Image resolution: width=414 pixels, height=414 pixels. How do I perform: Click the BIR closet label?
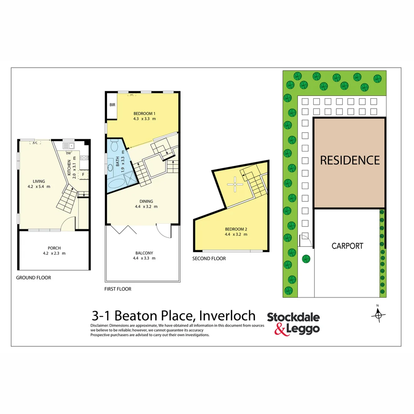point(112,105)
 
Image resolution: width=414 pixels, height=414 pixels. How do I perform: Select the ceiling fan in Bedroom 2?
point(235,184)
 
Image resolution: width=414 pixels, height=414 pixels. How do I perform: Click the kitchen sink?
point(69,146)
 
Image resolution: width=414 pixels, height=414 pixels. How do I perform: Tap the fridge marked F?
point(82,175)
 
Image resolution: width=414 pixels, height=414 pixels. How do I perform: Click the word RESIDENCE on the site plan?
point(350,160)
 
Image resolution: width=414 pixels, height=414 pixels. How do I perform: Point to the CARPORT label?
point(347,246)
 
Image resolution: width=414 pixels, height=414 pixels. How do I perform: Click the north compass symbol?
point(378,314)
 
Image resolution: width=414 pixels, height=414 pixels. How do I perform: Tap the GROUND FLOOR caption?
point(33,278)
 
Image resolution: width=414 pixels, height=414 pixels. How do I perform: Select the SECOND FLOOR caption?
point(209,259)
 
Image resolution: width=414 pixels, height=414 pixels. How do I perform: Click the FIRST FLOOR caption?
point(118,289)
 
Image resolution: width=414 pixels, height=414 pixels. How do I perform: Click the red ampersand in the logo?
point(283,329)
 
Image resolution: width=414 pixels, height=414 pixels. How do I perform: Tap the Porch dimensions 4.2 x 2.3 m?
point(54,253)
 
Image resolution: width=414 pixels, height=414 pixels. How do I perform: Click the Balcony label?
point(144,253)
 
